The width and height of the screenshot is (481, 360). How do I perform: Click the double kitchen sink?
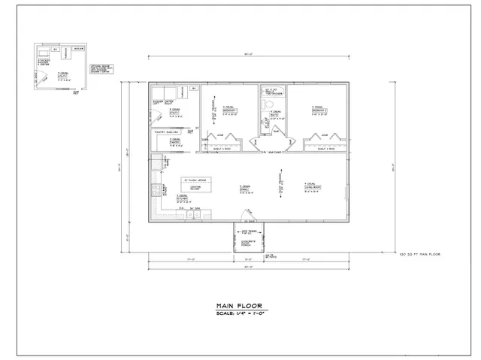coord(192,216)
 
